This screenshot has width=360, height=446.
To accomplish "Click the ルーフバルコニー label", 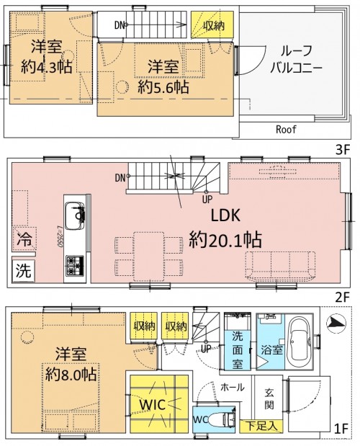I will pos(295,62).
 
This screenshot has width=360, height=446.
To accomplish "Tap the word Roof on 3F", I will pos(287,130).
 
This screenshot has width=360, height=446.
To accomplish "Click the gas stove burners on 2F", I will pos(74,267).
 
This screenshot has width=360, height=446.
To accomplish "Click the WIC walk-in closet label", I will pos(158,404).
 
